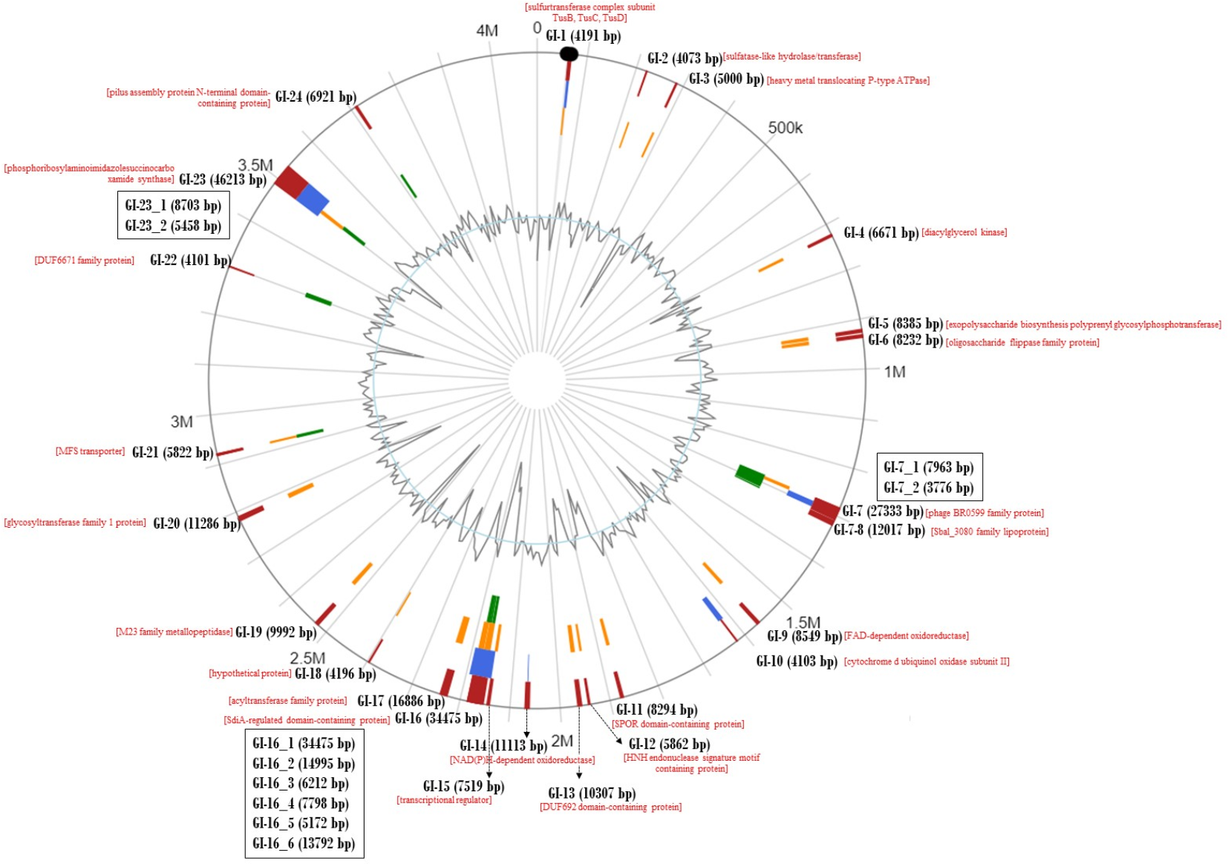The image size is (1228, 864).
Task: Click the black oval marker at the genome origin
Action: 569,53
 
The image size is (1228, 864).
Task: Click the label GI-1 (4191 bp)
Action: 583,36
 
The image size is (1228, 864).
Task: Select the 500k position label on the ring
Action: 785,128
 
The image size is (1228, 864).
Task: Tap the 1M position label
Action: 894,372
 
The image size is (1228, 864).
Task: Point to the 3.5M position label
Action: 255,165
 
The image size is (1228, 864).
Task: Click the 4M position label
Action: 487,30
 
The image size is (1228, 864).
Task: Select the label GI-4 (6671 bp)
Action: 881,233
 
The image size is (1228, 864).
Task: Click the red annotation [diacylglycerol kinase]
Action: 964,233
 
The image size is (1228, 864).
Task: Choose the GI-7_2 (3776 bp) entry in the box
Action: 928,488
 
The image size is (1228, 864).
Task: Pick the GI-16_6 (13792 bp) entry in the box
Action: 304,843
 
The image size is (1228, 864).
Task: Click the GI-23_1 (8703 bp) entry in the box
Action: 173,206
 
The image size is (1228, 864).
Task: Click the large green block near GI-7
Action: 750,475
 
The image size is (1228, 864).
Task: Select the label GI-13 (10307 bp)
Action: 592,793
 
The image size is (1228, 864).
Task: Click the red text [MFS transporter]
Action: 90,451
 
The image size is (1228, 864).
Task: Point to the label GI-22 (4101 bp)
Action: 190,260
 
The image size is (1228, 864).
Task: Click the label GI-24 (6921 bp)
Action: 316,96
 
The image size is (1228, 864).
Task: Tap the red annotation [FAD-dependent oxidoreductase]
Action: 906,636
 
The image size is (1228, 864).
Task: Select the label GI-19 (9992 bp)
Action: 275,632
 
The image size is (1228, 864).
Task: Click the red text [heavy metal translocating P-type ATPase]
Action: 848,81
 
